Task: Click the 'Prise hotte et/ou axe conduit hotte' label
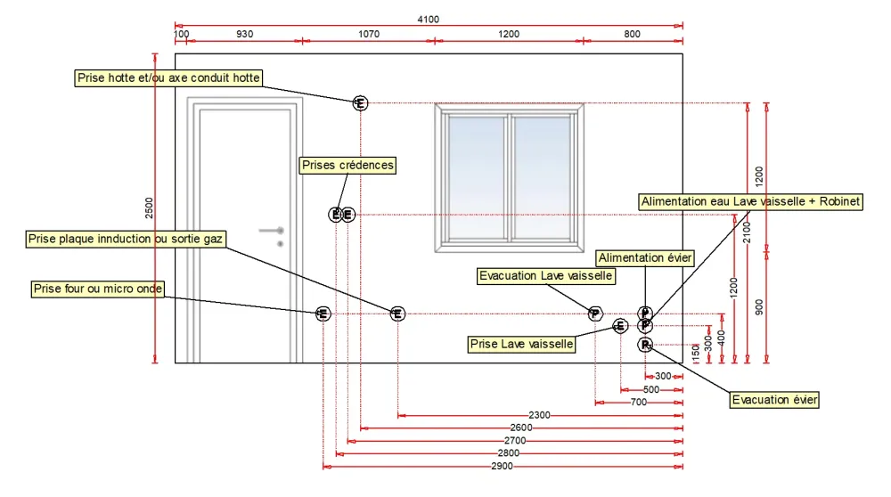tap(168, 77)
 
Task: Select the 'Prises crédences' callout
tap(347, 166)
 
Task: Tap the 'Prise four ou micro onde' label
tap(98, 289)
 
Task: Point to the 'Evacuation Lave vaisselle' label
tap(545, 276)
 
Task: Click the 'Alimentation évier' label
tap(645, 258)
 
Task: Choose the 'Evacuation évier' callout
tap(774, 400)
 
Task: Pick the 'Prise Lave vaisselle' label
tap(521, 344)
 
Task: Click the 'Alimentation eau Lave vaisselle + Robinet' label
tap(750, 201)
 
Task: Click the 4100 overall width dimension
tap(428, 20)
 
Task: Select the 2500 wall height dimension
tap(149, 208)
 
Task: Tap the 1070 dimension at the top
tap(369, 34)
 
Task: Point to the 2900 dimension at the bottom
tap(503, 467)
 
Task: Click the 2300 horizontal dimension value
tap(539, 415)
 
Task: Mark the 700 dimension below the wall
tap(639, 403)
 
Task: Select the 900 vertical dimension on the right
tap(759, 307)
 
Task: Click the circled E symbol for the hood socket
tap(360, 103)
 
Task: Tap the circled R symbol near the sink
tap(645, 345)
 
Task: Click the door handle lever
tap(272, 231)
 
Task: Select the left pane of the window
tap(476, 178)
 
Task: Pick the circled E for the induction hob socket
tap(397, 314)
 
